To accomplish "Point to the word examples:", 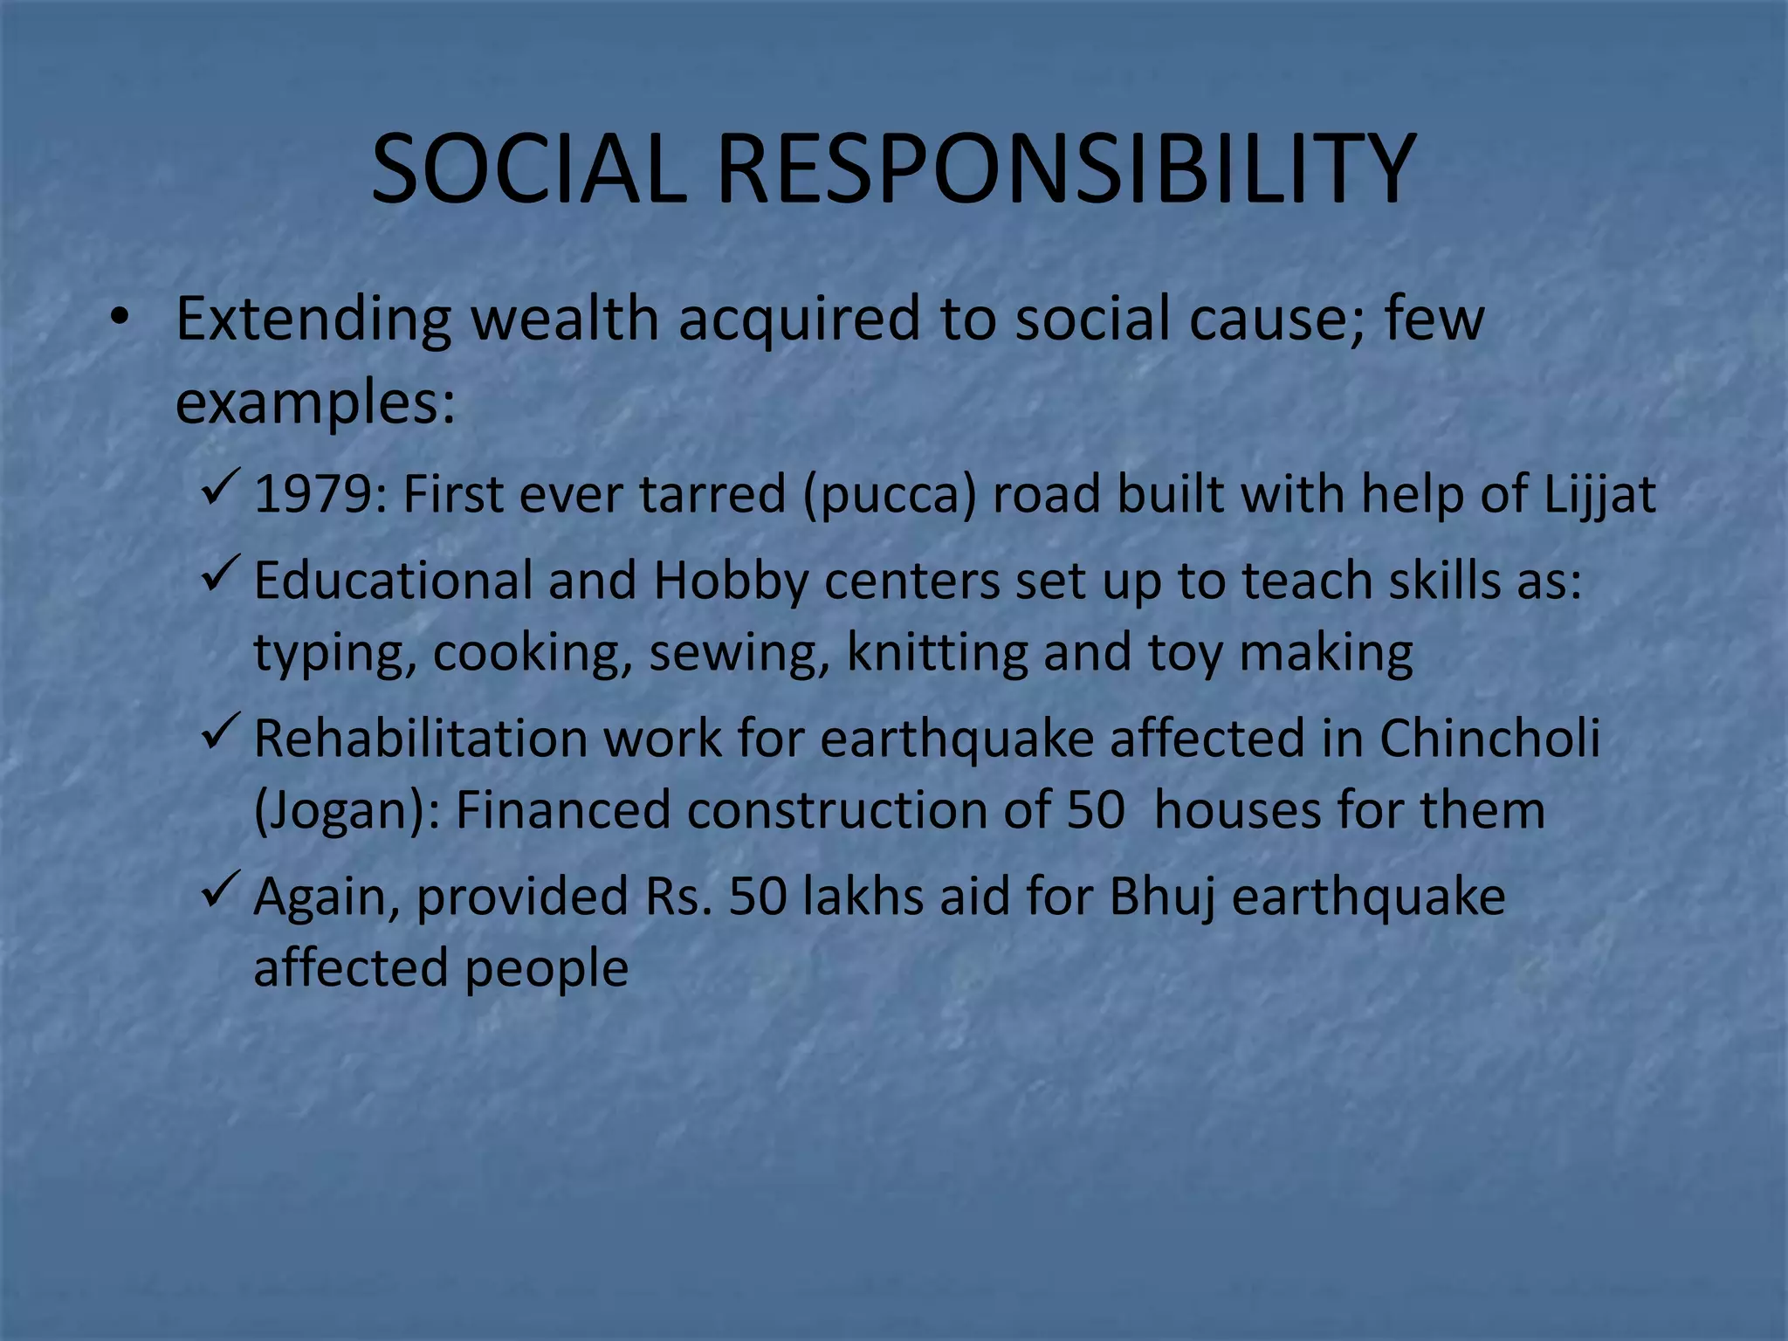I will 315,403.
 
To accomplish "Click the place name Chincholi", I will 1489,739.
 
